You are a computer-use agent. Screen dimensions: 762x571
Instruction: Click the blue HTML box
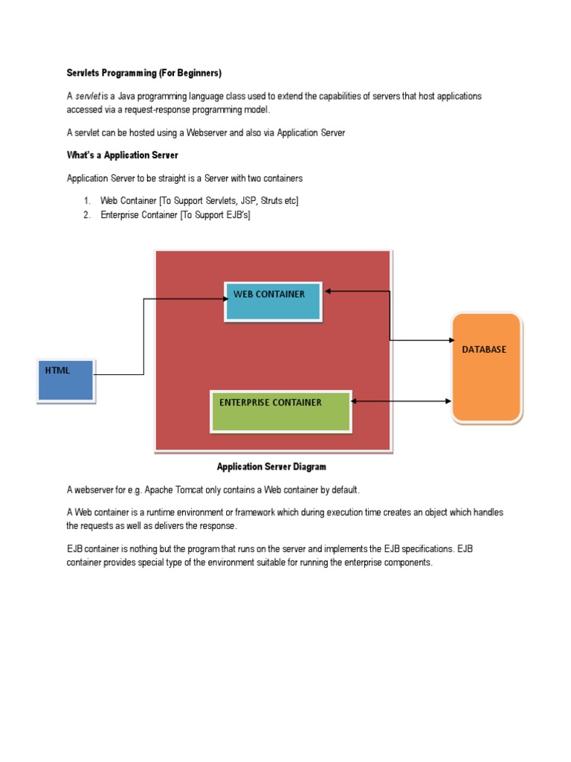coord(66,380)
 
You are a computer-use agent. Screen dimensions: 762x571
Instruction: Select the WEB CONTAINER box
coord(273,301)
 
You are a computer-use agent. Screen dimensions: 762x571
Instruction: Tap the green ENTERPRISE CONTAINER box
coord(280,411)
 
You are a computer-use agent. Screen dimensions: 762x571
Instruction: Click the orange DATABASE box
coord(486,367)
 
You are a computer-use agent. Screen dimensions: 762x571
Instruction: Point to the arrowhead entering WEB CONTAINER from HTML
coord(224,298)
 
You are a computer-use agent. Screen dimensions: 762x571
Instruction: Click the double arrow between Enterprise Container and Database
coord(401,401)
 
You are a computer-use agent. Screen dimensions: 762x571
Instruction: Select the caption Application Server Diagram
coord(271,467)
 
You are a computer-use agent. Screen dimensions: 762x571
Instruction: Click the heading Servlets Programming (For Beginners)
coord(144,73)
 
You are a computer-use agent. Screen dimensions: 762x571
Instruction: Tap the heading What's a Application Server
coord(122,156)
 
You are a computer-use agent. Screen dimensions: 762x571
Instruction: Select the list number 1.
coord(86,201)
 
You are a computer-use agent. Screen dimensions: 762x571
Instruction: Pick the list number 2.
coord(86,215)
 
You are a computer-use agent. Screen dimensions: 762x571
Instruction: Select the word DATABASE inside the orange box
coord(484,349)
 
